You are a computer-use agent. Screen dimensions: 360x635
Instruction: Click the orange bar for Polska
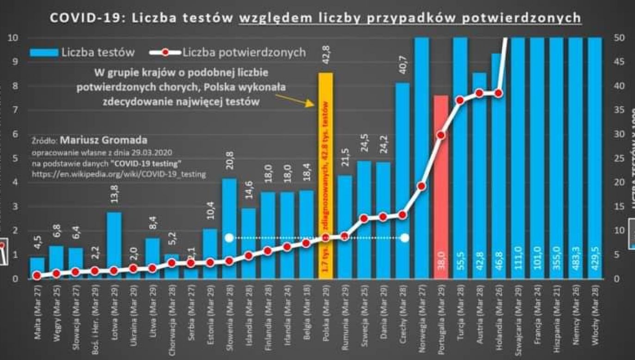click(325, 176)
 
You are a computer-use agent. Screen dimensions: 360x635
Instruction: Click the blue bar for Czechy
click(402, 180)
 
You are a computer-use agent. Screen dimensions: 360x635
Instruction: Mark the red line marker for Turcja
click(460, 100)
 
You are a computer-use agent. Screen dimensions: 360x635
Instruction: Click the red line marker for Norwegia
click(421, 186)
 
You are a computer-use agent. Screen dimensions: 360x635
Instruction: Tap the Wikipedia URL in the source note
click(119, 174)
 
